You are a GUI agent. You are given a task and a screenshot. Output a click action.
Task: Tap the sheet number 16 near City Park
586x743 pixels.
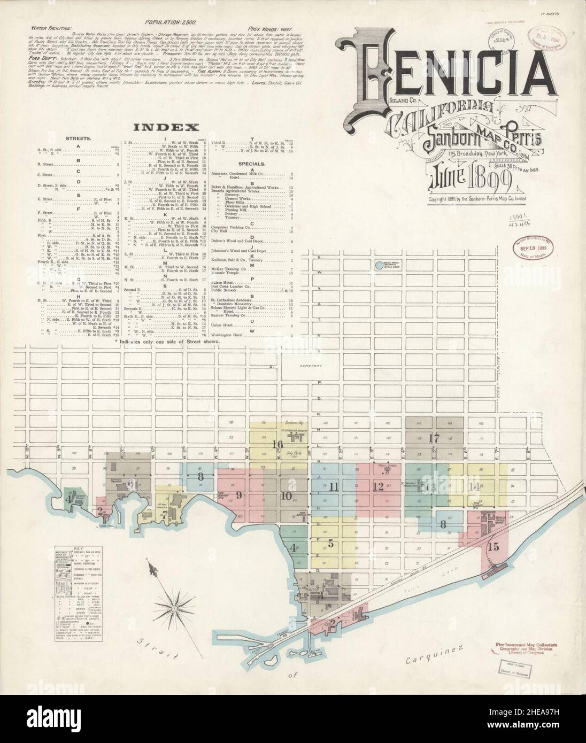pyautogui.click(x=277, y=444)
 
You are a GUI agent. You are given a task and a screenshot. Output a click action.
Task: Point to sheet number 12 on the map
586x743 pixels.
pyautogui.click(x=379, y=487)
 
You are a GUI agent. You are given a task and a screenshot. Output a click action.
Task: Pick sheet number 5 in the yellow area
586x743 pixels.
pyautogui.click(x=330, y=545)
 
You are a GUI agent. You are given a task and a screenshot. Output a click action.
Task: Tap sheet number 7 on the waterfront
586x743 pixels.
pyautogui.click(x=165, y=515)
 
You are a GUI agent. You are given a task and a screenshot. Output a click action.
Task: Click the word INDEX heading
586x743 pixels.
pyautogui.click(x=166, y=127)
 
